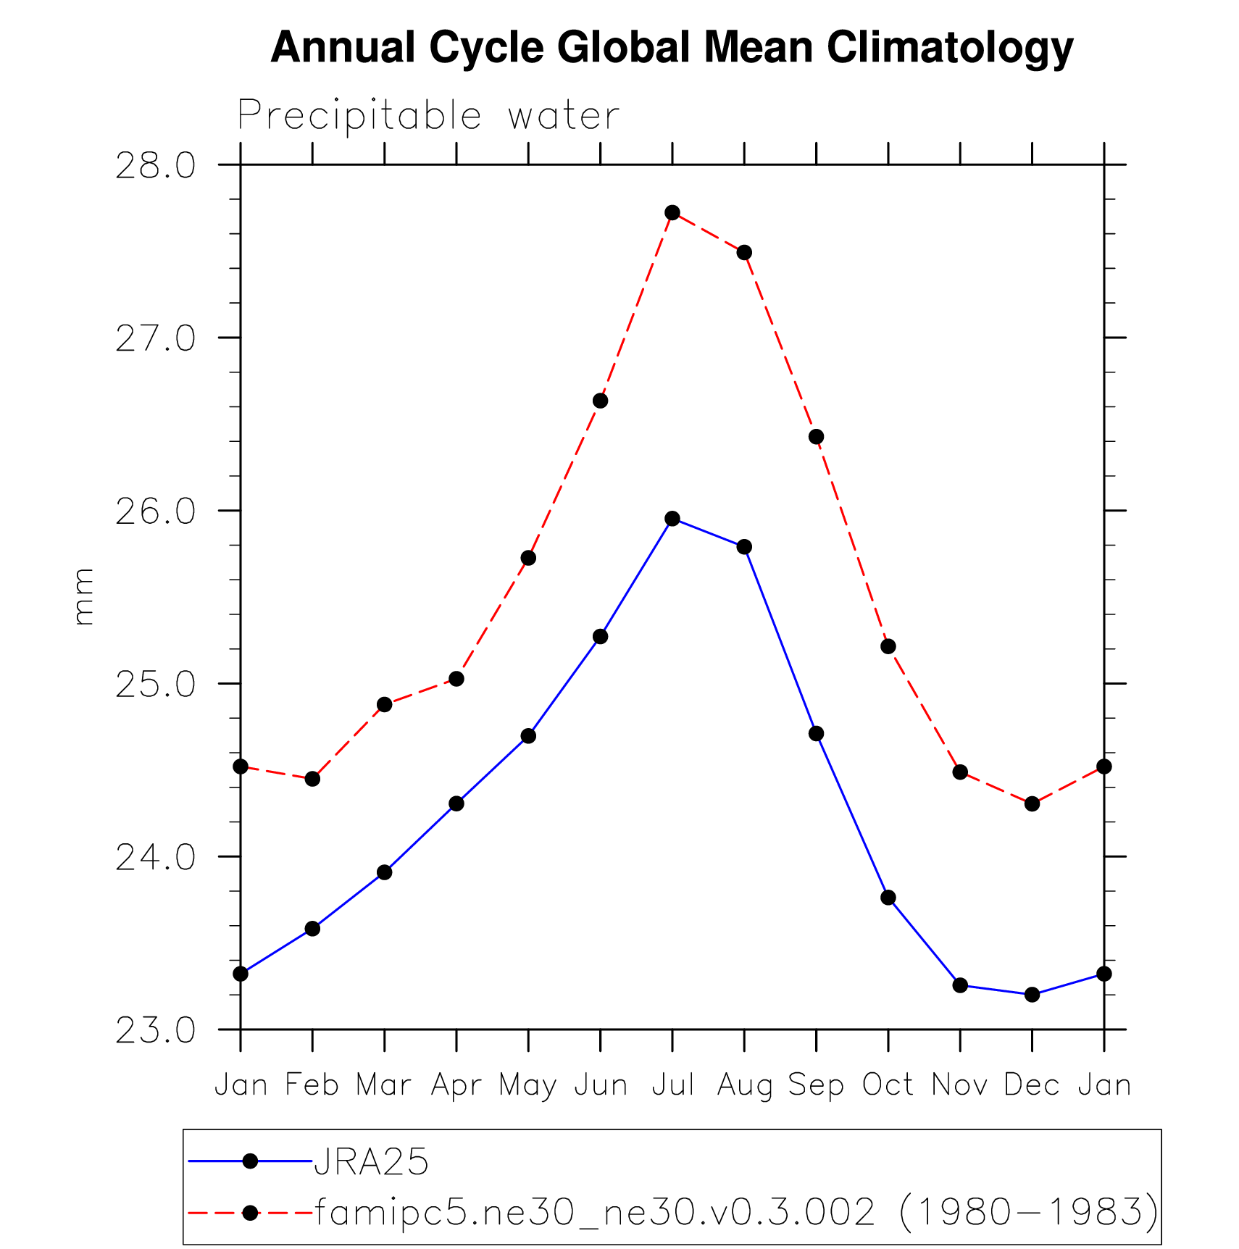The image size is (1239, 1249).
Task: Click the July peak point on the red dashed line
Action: click(x=672, y=212)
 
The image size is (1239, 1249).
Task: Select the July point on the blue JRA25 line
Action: click(x=672, y=518)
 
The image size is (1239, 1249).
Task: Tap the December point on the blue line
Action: click(x=1032, y=995)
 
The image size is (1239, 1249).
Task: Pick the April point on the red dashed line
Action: click(x=456, y=679)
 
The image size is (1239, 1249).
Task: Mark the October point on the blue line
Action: click(x=888, y=898)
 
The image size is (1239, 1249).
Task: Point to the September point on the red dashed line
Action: click(x=817, y=436)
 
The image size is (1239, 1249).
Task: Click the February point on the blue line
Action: click(x=312, y=929)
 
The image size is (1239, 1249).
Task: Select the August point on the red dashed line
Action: click(x=744, y=252)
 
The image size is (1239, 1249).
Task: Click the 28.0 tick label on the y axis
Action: click(x=155, y=166)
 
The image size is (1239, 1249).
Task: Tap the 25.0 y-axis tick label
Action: click(x=155, y=685)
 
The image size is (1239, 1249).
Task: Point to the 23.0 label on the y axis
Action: click(x=155, y=1030)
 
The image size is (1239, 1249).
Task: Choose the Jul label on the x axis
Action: click(x=673, y=1085)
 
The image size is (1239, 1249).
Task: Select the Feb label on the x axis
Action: click(x=312, y=1085)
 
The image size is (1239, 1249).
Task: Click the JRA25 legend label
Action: click(x=371, y=1161)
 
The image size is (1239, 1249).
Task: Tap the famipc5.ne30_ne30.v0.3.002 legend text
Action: click(x=594, y=1211)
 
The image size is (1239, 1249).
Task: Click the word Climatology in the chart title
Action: click(x=950, y=48)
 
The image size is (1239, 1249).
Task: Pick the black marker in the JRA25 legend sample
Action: click(x=250, y=1161)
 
